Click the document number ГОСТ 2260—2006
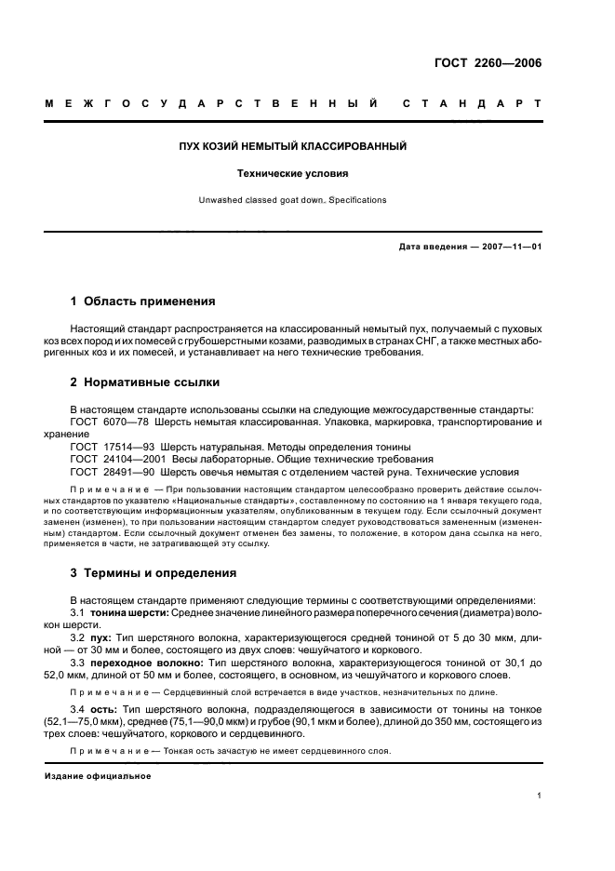coord(488,64)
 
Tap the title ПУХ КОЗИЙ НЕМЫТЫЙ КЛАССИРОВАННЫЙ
coord(293,147)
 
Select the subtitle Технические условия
coord(293,173)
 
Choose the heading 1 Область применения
coord(143,301)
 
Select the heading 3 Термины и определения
coord(154,572)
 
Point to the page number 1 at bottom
coord(540,796)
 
